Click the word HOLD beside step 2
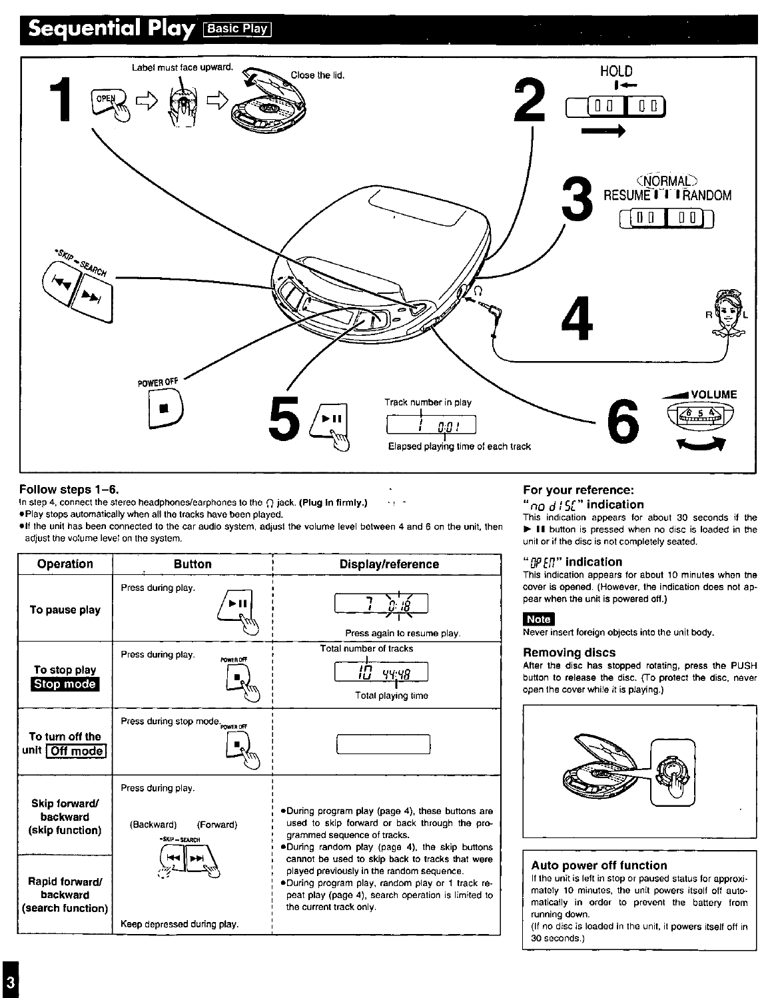pos(616,71)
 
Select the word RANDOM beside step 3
pos(705,195)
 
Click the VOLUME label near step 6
pos(713,394)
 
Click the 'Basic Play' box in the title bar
pos(238,29)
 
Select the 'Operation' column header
pos(65,564)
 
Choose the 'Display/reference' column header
pos(389,564)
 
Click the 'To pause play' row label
pos(65,610)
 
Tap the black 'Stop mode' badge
pos(65,684)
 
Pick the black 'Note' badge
pos(538,620)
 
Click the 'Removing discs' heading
pos(569,652)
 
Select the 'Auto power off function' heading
pos(599,865)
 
